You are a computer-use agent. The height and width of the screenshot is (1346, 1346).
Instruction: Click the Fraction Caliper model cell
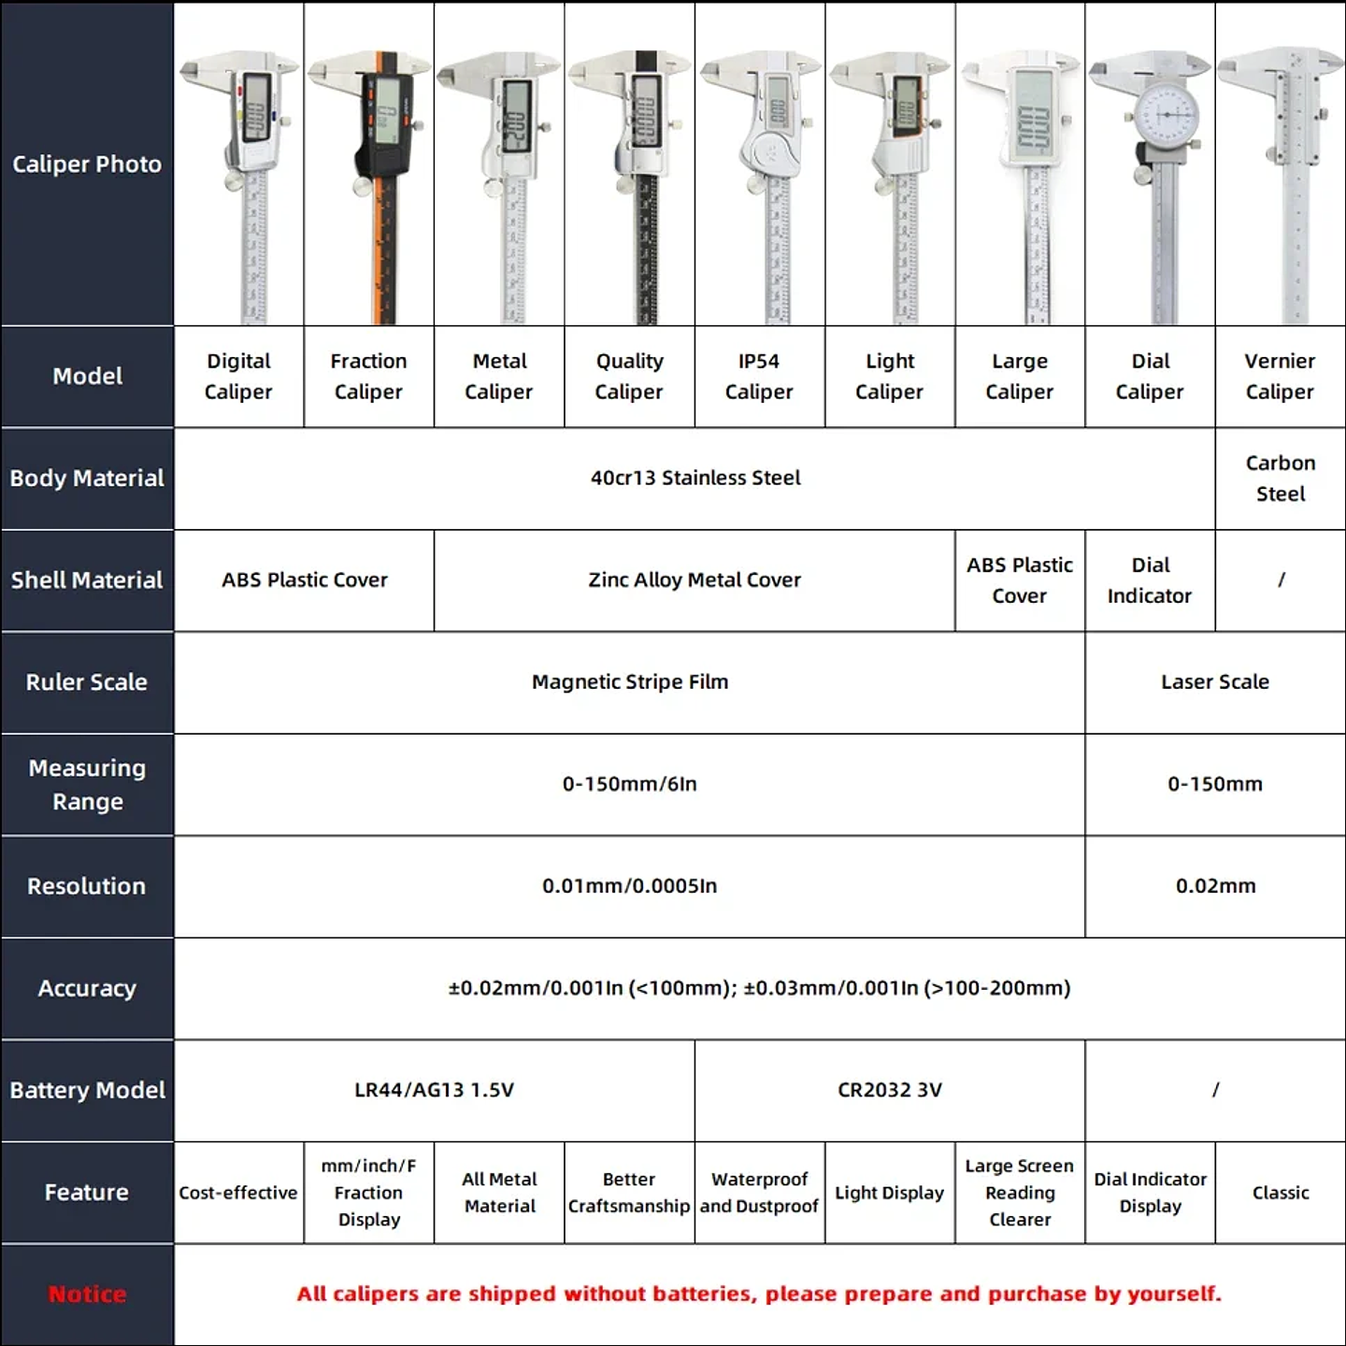coord(368,377)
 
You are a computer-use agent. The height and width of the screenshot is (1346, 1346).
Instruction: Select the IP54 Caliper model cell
coord(759,377)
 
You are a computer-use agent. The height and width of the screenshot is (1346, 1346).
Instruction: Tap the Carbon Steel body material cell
coord(1280,479)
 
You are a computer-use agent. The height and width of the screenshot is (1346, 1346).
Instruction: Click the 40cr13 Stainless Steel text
coord(695,479)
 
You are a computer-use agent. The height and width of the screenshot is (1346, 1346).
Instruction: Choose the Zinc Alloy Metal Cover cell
coord(694,580)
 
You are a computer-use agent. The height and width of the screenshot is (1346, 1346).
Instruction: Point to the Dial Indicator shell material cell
coord(1150,580)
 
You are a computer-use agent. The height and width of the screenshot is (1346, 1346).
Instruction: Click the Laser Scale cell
coord(1214,682)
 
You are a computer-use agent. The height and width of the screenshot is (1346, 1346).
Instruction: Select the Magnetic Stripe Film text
coord(629,682)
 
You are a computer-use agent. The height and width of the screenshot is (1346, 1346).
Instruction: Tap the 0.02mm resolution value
coord(1214,886)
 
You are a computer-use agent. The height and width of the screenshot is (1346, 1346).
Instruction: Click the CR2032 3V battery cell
coord(889,1090)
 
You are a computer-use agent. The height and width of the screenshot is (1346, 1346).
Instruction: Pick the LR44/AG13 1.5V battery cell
coord(434,1090)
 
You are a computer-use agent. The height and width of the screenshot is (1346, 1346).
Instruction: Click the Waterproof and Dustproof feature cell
coord(759,1193)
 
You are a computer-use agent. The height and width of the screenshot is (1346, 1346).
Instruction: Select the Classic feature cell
coord(1280,1193)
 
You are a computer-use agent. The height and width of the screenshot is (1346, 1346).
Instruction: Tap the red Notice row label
coord(87,1295)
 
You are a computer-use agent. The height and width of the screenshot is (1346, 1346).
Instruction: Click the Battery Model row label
coord(87,1090)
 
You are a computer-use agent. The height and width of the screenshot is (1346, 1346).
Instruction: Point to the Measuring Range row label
coord(87,784)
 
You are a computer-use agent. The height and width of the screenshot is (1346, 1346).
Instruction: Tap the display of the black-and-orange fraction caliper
coord(386,111)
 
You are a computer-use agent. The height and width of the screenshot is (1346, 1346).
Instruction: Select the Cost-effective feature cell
coord(238,1193)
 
